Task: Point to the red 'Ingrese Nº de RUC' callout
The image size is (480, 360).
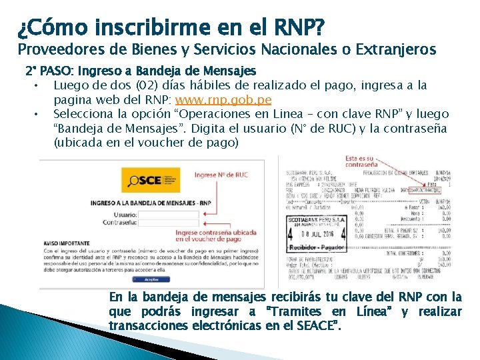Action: click(221, 175)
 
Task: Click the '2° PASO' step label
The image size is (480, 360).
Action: click(45, 70)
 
